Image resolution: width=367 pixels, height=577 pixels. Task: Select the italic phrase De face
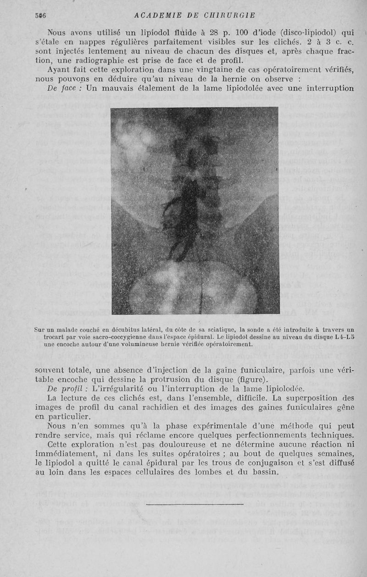click(63, 88)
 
